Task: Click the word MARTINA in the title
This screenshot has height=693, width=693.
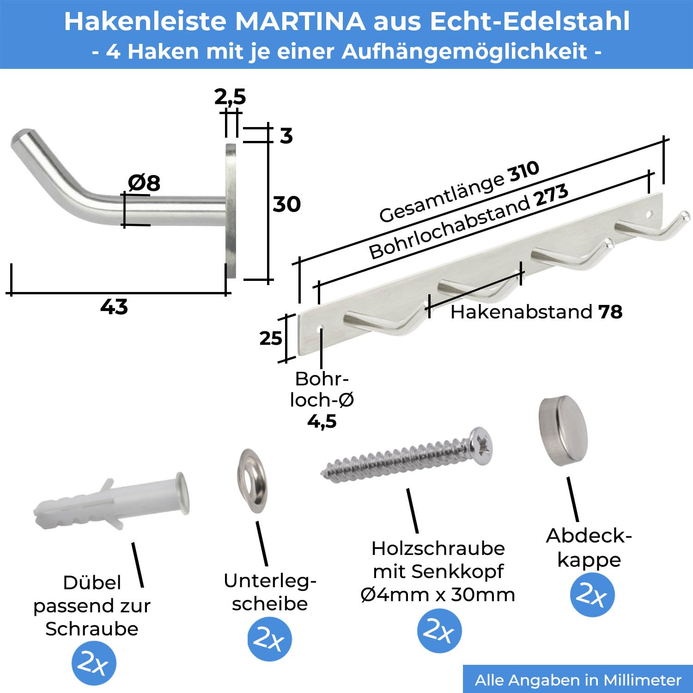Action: point(300,21)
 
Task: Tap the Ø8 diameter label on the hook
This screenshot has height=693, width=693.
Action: point(144,183)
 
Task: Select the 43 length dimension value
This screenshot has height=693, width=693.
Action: point(114,307)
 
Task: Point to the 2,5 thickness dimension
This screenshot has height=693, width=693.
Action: point(230,97)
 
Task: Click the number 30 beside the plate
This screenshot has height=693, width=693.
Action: point(286,204)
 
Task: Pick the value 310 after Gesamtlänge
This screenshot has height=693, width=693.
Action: point(523,171)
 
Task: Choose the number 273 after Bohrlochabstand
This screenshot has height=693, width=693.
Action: point(551,196)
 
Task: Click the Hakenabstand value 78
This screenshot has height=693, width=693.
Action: point(610,312)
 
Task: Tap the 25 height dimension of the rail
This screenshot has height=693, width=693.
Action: point(270,339)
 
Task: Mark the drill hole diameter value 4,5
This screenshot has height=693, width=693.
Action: point(322,421)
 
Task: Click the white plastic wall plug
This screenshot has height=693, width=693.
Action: point(111,502)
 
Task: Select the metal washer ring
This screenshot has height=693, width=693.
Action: point(252,480)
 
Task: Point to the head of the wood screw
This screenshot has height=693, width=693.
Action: point(481,446)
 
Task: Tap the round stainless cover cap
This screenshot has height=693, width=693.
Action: point(563,431)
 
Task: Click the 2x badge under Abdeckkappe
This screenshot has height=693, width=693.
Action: point(592,595)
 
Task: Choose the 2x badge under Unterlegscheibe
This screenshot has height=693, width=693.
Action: point(269,639)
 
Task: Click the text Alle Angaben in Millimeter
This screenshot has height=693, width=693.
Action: point(578,680)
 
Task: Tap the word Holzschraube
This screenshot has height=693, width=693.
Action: point(438,548)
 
